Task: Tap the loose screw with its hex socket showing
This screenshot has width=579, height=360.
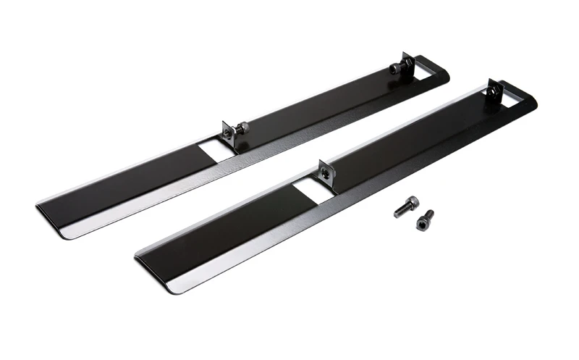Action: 426,220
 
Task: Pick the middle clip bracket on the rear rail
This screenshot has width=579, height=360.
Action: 229,132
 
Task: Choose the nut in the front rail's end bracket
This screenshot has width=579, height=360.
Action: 495,92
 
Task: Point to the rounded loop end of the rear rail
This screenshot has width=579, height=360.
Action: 439,72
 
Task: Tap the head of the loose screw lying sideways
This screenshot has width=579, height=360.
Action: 412,202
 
